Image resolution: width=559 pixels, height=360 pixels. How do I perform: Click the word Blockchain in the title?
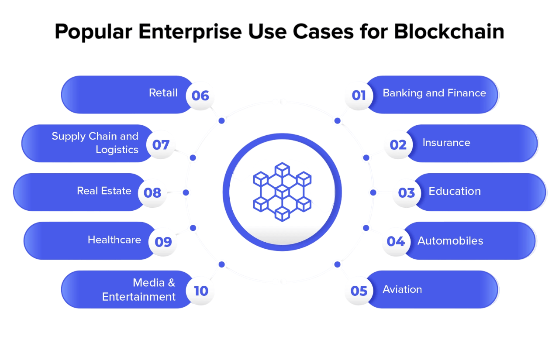(449, 31)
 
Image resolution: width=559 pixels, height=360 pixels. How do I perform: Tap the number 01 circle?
(359, 95)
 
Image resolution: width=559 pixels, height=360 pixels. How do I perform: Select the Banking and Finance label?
(434, 93)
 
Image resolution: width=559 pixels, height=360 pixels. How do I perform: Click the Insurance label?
(446, 143)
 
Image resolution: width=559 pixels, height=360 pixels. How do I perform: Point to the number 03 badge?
(407, 192)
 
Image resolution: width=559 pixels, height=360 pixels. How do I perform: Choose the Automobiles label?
(450, 241)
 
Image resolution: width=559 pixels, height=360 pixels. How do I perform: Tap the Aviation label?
(402, 289)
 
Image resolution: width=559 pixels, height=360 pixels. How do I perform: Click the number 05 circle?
(359, 291)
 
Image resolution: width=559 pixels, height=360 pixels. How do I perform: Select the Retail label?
(163, 93)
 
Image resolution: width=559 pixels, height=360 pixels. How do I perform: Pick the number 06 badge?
(200, 96)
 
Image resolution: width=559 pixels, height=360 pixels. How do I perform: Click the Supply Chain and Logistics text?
(95, 143)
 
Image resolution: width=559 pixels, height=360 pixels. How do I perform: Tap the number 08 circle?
(152, 192)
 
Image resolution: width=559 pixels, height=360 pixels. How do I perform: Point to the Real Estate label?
(104, 191)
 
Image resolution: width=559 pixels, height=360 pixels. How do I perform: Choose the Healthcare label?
(114, 240)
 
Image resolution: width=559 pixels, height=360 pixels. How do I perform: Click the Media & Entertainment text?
(139, 290)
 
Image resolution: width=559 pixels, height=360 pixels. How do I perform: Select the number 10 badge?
(201, 291)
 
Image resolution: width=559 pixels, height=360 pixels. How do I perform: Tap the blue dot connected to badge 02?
(366, 158)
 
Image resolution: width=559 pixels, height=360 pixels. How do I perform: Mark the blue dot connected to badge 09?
(193, 228)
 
